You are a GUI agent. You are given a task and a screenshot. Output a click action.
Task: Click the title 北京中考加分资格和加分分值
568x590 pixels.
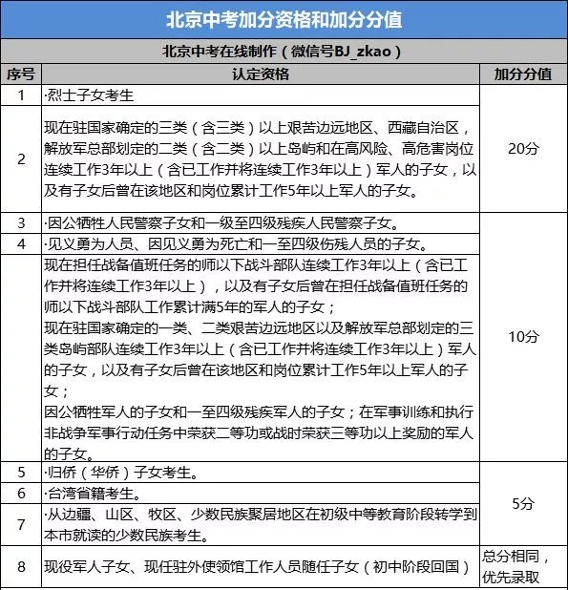click(284, 20)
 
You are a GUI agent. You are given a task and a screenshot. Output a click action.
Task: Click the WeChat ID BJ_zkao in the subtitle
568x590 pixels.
click(362, 52)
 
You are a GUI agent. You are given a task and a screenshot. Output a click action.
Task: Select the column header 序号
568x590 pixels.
click(21, 74)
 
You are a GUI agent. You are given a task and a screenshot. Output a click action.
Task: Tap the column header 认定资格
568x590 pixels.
click(260, 74)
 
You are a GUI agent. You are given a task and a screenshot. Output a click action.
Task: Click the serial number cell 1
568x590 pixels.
click(21, 95)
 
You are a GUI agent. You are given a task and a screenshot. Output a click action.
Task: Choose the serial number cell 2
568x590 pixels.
click(21, 158)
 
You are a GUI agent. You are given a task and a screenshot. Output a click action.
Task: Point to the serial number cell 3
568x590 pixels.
click(21, 222)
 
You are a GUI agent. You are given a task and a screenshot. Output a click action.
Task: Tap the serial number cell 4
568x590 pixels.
click(21, 243)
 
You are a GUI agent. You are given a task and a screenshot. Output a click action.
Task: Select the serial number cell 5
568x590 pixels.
click(21, 473)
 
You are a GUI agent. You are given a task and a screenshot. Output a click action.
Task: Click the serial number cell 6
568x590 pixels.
click(21, 494)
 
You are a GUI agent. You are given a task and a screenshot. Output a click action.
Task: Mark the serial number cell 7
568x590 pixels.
click(21, 524)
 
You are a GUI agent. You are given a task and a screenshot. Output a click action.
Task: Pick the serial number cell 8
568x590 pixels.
click(21, 566)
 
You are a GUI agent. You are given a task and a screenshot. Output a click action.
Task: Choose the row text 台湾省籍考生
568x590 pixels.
click(96, 494)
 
